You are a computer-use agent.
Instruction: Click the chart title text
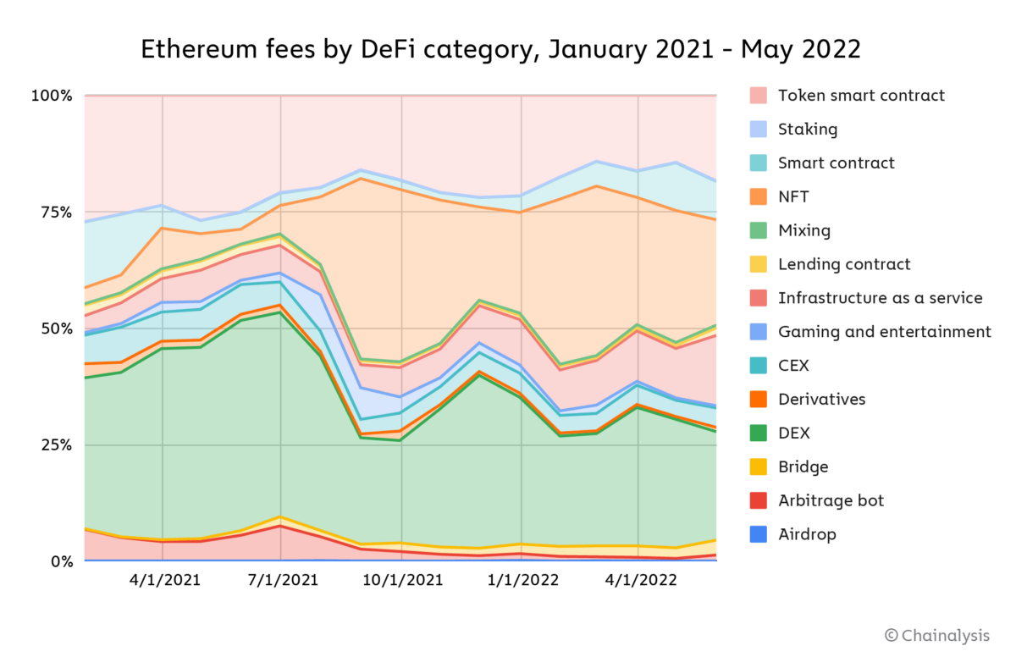pos(500,49)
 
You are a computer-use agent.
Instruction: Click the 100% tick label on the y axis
pos(52,96)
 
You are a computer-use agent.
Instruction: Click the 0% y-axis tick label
pos(59,561)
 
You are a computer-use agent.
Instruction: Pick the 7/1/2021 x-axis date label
pos(281,581)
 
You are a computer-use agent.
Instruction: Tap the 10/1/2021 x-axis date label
pos(402,581)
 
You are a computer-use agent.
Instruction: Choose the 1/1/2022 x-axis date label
pos(522,581)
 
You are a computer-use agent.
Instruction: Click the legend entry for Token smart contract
pos(861,96)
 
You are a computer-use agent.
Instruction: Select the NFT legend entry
pos(793,197)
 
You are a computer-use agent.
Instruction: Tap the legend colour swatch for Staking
pos(759,130)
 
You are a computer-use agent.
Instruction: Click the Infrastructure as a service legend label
pos(880,298)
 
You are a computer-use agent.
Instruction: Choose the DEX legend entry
pos(793,433)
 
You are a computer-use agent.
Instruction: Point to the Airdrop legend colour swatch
pos(759,534)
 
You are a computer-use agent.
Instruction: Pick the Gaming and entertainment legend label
pos(884,332)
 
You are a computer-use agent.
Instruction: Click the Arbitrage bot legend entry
pos(831,500)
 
